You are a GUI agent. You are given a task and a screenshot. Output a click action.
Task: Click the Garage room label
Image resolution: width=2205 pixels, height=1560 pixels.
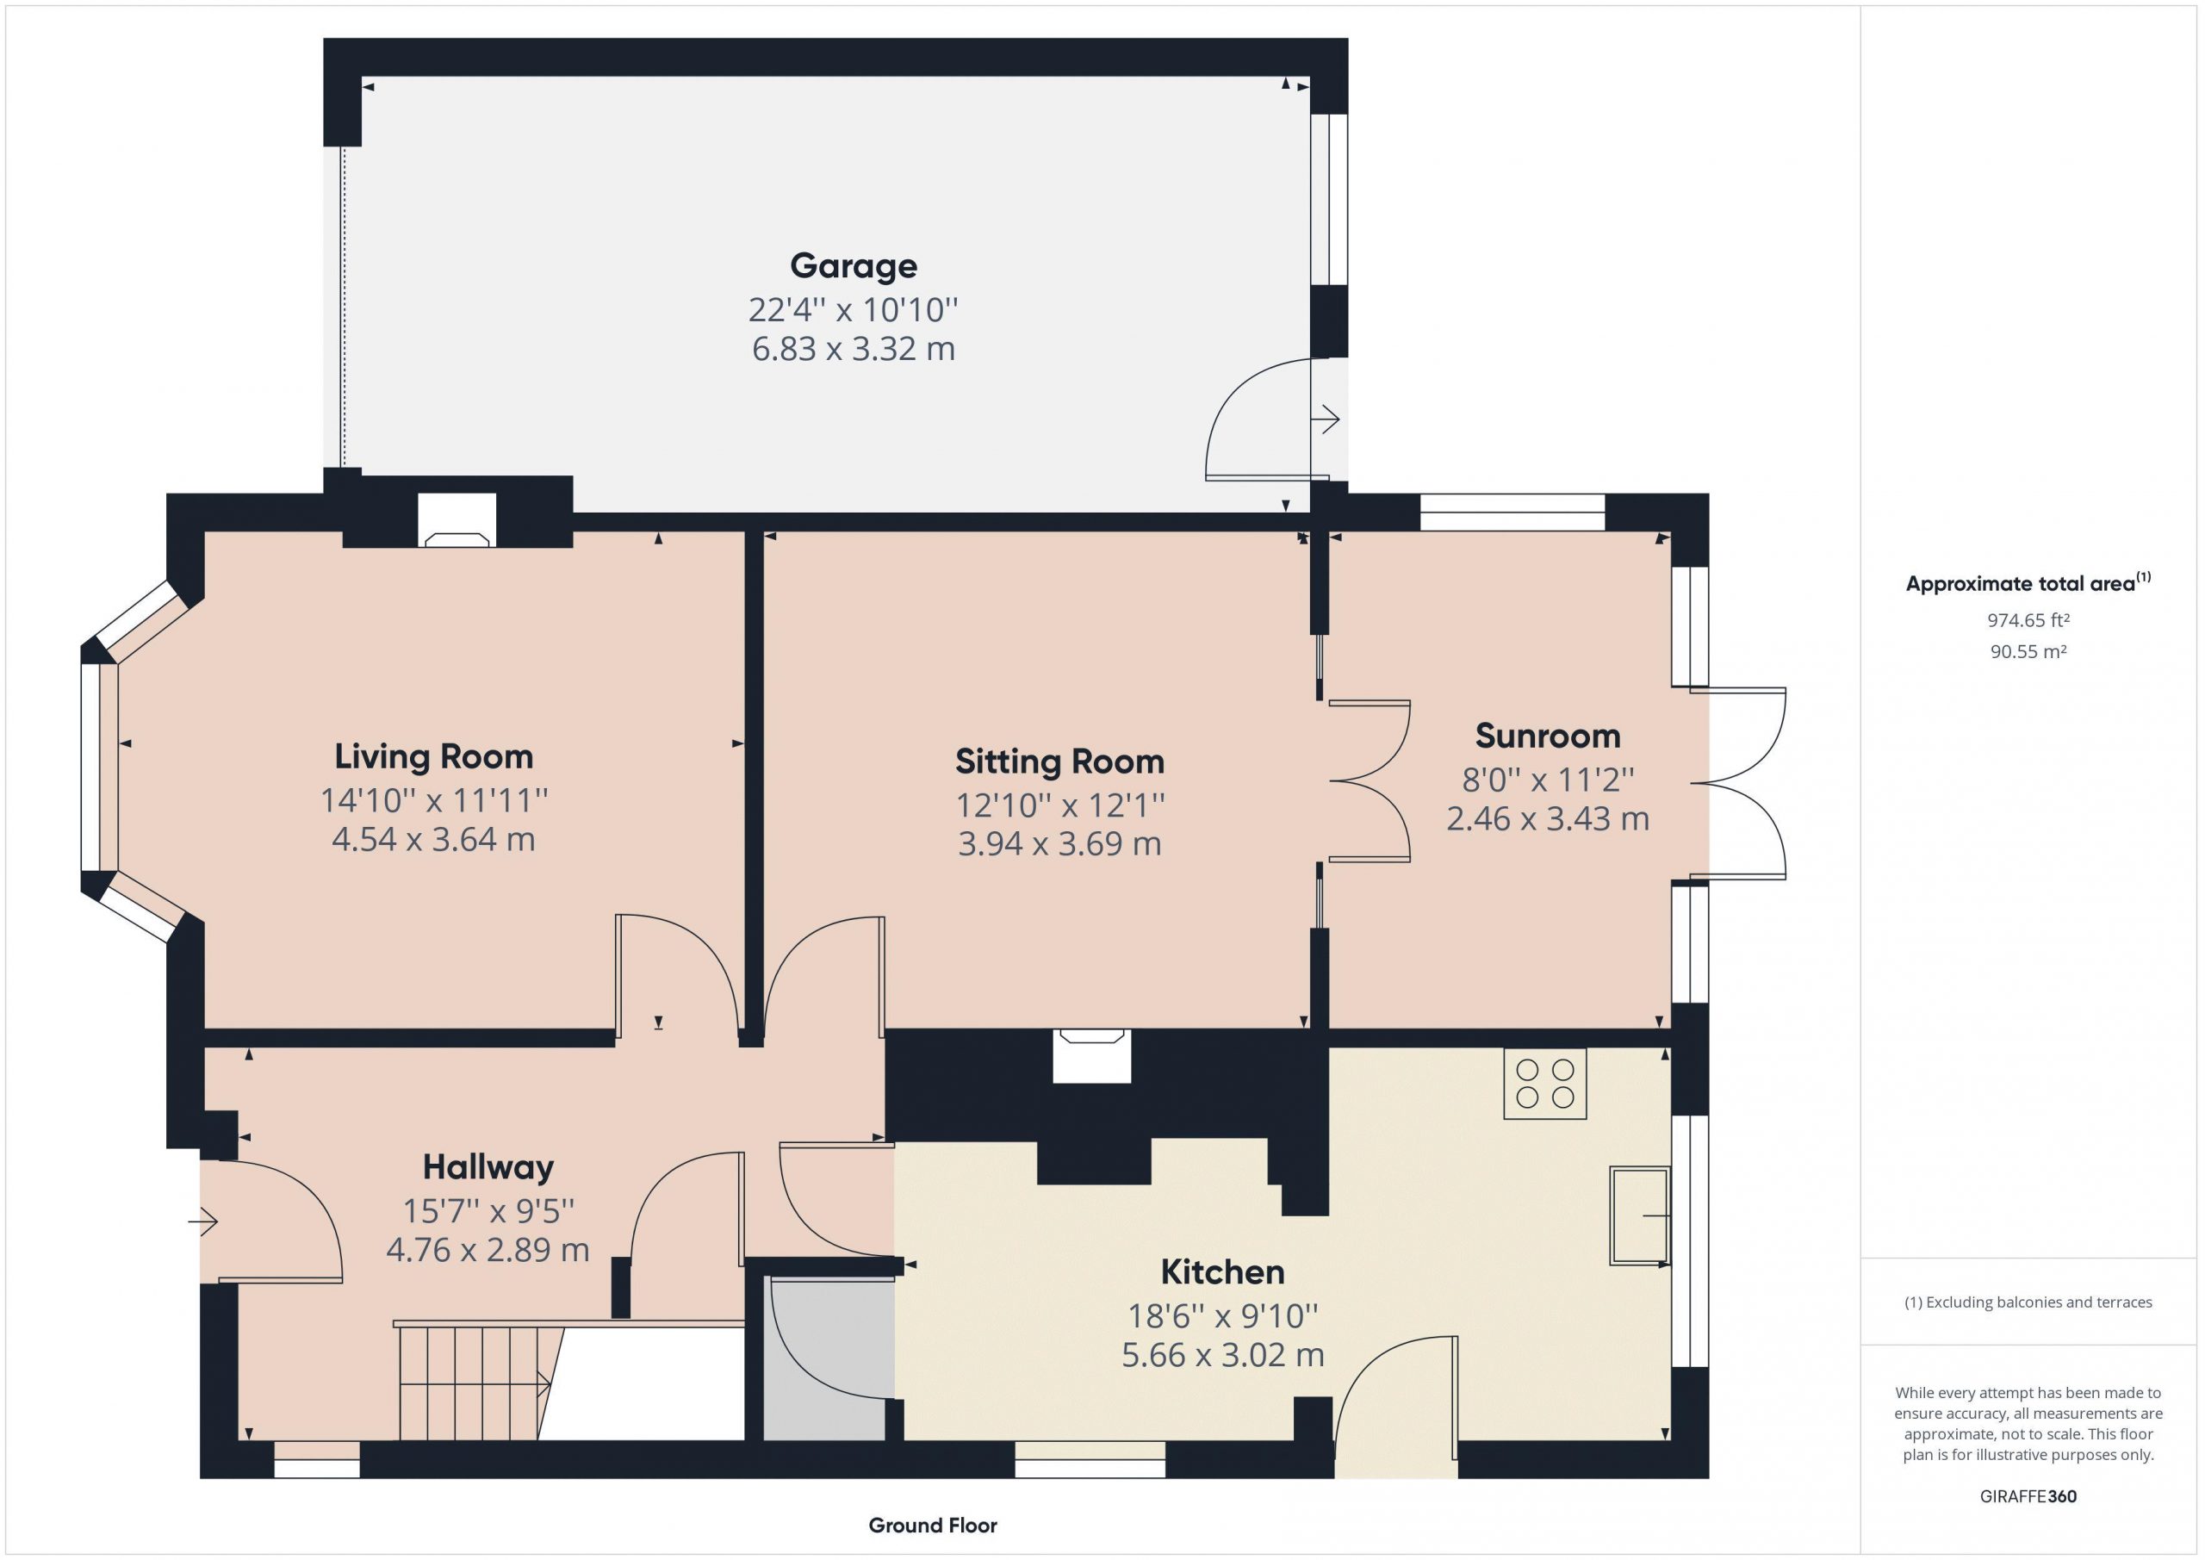pos(853,266)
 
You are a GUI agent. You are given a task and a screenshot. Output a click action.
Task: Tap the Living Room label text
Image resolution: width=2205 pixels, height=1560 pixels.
pos(433,756)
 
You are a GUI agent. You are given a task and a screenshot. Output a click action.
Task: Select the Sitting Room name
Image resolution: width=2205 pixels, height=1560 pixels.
pos(1059,761)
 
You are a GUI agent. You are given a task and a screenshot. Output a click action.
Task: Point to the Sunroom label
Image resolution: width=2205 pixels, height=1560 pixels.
pos(1547,736)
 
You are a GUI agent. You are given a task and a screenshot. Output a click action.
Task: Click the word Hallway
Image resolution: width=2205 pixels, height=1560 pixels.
pos(488,1167)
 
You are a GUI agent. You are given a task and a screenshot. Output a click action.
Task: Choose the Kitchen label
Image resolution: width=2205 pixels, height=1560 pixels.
pos(1221,1271)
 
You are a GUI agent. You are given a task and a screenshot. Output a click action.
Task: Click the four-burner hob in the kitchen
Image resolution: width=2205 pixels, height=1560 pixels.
pos(1544,1084)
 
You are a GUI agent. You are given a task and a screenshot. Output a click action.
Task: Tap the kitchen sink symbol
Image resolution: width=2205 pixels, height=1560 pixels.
pos(1640,1215)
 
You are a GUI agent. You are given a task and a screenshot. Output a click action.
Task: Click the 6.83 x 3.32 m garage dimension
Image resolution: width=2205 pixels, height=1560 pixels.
pos(853,349)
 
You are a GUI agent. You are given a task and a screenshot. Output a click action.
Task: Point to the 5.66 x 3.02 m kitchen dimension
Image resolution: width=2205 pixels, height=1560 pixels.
pos(1221,1355)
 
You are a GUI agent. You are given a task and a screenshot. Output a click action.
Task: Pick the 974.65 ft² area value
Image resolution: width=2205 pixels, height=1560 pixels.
pos(2028,620)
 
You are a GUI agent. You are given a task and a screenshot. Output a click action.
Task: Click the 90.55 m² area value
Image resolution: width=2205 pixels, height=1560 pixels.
pos(2028,651)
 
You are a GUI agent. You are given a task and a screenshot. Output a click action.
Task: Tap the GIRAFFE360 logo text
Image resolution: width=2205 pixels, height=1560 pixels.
pos(2028,1495)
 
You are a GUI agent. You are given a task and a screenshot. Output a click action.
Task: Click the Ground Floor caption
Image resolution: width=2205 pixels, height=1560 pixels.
pos(932,1525)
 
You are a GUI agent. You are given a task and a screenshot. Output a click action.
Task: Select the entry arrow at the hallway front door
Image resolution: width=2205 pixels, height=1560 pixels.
pos(203,1221)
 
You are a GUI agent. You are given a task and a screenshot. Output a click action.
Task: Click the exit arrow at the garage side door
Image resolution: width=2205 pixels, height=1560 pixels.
pos(1326,419)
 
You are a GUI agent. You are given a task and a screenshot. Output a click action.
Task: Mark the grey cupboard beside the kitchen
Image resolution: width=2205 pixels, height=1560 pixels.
pos(829,1358)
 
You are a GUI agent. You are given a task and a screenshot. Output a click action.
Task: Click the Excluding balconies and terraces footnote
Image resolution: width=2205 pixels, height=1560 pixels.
pos(2028,1302)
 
